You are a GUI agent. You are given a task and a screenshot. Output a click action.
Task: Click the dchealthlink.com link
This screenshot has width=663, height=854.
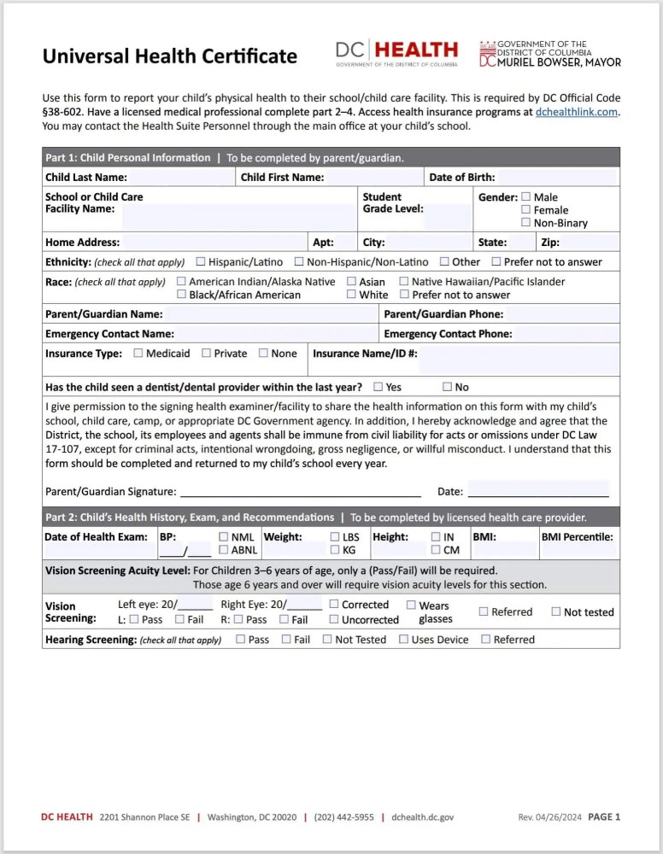[x=577, y=112]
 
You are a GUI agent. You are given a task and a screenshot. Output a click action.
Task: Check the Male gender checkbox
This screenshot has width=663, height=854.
[x=526, y=196]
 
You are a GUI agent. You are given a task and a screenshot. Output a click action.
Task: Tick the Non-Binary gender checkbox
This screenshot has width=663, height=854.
[x=526, y=223]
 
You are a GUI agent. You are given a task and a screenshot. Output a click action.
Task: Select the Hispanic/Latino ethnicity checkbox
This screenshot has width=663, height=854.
[x=201, y=261]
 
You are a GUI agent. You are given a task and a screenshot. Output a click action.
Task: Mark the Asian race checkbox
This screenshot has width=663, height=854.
[x=352, y=281]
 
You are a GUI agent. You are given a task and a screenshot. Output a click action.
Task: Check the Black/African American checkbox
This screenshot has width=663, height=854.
[x=182, y=295]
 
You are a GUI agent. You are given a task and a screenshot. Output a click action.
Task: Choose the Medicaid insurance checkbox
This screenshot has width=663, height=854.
[x=138, y=353]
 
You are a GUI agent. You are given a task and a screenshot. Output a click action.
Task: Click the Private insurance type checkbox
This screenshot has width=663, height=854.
[x=207, y=353]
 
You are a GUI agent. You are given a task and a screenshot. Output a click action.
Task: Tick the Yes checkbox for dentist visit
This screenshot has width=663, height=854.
[x=378, y=387]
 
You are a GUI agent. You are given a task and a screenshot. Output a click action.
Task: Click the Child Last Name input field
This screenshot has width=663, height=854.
[x=180, y=178]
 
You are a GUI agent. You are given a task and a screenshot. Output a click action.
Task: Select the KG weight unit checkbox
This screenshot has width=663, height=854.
[x=335, y=550]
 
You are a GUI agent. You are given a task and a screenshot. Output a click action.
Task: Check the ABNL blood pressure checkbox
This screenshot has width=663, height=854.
[x=224, y=550]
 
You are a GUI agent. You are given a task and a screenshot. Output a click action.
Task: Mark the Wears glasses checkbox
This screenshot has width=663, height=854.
[x=411, y=605]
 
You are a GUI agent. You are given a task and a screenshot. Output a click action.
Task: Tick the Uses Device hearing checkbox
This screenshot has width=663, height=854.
[x=404, y=639]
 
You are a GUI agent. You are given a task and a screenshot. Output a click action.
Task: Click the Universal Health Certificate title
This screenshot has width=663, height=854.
[x=170, y=56]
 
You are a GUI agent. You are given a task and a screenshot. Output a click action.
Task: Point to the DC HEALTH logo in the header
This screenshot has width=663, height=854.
[x=396, y=53]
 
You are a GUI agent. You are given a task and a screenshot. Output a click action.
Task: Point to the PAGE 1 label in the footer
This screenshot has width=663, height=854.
[x=604, y=817]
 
